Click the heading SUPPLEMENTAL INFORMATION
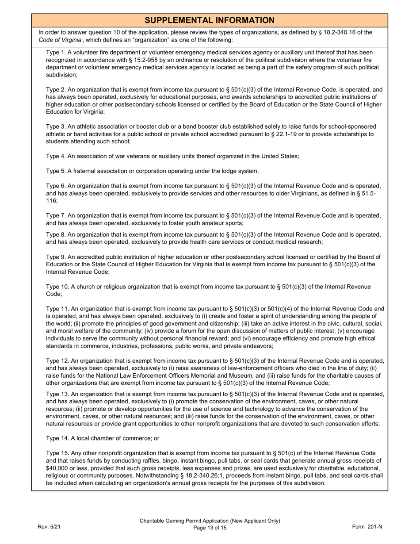pyautogui.click(x=210, y=20)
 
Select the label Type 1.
pyautogui.click(x=55, y=52)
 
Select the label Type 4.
pyautogui.click(x=55, y=156)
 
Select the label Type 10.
pyautogui.click(x=57, y=287)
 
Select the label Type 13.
pyautogui.click(x=57, y=394)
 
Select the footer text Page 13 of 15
pyautogui.click(x=210, y=528)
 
